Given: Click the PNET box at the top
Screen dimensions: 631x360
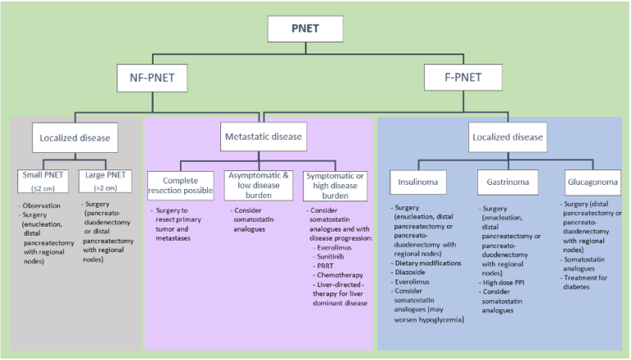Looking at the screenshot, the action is pyautogui.click(x=306, y=29).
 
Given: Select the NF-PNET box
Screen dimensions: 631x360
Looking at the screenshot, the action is pyautogui.click(x=152, y=78).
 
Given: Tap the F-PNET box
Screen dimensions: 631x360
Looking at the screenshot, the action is pyautogui.click(x=463, y=77).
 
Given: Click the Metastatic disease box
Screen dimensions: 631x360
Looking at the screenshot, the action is pyautogui.click(x=264, y=137).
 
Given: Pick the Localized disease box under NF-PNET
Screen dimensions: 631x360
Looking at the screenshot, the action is pyautogui.click(x=75, y=138).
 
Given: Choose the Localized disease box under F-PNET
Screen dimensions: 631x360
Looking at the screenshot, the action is pyautogui.click(x=508, y=137).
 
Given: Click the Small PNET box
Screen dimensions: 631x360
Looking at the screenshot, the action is pyautogui.click(x=43, y=181).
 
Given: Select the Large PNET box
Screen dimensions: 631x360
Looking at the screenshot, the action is pyautogui.click(x=105, y=181).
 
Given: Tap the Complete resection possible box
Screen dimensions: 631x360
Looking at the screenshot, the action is pyautogui.click(x=181, y=186).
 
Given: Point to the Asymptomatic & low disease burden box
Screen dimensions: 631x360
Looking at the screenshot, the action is pyautogui.click(x=259, y=186).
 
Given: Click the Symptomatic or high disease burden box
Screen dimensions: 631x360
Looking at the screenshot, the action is pyautogui.click(x=335, y=186).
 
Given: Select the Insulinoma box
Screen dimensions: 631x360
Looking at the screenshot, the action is pyautogui.click(x=418, y=182).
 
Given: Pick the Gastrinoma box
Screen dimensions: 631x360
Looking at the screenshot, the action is pyautogui.click(x=508, y=182).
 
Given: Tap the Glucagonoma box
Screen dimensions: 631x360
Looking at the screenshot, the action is pyautogui.click(x=592, y=182).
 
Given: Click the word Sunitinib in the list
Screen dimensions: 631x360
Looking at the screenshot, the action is pyautogui.click(x=330, y=256).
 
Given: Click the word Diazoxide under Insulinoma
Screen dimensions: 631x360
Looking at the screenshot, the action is pyautogui.click(x=410, y=272).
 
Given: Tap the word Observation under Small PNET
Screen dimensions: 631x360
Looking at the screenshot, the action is pyautogui.click(x=41, y=205).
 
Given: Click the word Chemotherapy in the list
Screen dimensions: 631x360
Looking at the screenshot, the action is pyautogui.click(x=340, y=275).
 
